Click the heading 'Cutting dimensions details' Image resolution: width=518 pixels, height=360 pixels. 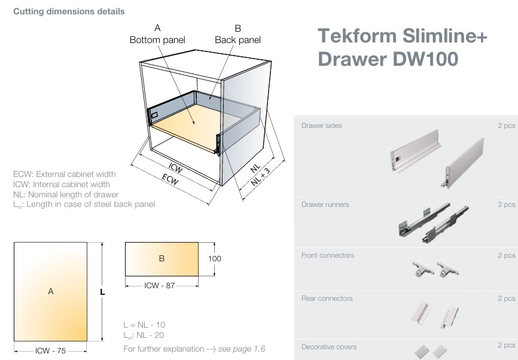69,11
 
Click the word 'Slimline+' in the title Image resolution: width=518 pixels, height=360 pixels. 445,36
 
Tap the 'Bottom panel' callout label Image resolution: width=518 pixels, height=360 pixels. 157,40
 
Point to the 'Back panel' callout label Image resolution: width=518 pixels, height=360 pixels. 237,40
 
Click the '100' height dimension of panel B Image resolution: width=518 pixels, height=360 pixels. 214,259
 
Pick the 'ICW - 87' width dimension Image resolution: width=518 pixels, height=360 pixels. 160,286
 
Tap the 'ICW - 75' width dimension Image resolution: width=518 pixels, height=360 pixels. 51,351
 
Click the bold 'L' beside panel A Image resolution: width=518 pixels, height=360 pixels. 103,292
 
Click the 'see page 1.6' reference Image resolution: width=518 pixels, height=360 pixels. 241,349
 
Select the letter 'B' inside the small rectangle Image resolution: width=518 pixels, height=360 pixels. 162,259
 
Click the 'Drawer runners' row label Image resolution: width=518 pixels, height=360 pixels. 325,205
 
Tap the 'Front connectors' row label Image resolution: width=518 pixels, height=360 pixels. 327,255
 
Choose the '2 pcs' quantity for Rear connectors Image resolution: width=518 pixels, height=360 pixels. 505,298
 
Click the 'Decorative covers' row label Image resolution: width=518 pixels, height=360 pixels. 329,347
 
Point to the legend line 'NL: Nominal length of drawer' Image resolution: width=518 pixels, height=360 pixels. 66,194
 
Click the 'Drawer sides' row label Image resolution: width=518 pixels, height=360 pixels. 322,126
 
